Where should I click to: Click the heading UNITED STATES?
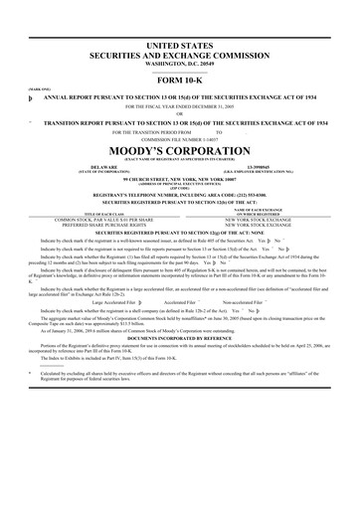click(x=179, y=47)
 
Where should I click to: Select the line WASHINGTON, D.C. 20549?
click(x=179, y=64)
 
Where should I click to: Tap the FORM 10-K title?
click(x=179, y=81)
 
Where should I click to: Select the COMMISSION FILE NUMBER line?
click(x=179, y=137)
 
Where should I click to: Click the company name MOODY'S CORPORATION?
click(x=179, y=150)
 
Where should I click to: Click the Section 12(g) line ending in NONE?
click(x=179, y=232)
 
